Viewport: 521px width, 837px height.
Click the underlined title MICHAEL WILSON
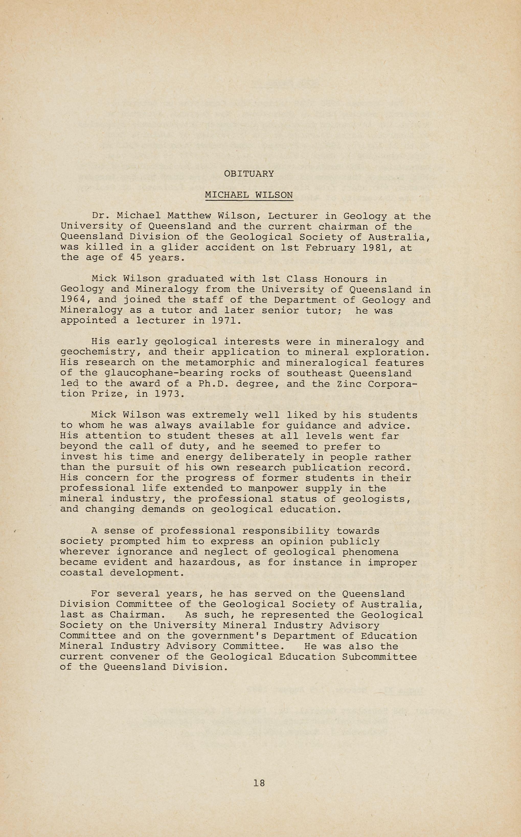[249, 195]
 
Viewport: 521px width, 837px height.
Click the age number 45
[136, 258]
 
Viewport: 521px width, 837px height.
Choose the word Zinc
[349, 384]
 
